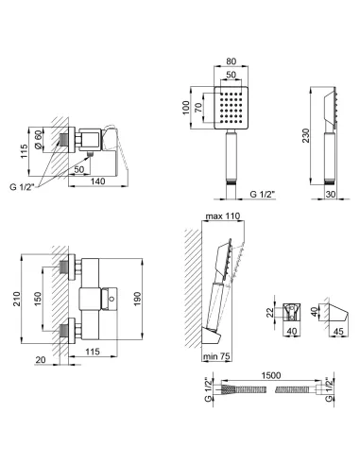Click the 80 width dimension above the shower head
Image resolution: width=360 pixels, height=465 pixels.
(231, 61)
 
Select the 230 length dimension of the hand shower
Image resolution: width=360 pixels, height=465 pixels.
(306, 135)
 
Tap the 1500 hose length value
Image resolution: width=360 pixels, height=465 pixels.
(271, 375)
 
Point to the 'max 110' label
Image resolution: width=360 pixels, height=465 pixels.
(223, 216)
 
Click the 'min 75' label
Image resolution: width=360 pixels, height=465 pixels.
(216, 356)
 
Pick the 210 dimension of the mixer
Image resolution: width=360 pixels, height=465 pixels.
(16, 299)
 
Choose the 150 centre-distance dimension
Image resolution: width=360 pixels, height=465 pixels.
(38, 299)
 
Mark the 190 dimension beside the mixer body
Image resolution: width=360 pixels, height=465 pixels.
(137, 299)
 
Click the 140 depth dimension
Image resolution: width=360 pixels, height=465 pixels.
(98, 181)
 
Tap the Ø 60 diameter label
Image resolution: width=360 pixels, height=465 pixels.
(38, 140)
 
